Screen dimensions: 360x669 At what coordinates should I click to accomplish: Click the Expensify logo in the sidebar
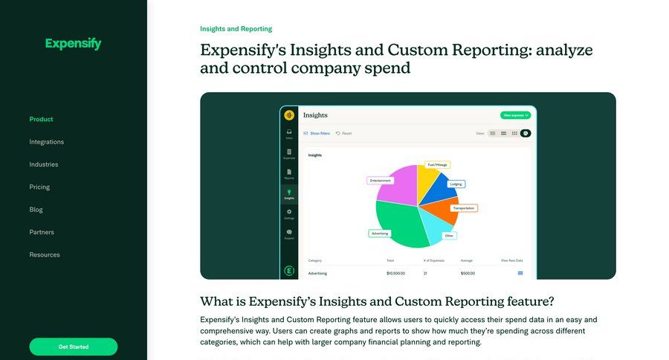(x=73, y=44)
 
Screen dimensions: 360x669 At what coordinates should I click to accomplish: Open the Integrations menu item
(x=47, y=142)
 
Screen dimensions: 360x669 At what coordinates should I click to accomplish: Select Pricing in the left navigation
(x=39, y=187)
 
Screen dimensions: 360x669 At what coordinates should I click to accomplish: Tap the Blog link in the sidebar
(x=36, y=210)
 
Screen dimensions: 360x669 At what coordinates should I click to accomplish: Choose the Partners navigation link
(x=42, y=232)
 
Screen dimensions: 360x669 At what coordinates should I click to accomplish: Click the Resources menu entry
(x=45, y=255)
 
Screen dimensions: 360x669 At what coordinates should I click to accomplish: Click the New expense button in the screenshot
(x=516, y=115)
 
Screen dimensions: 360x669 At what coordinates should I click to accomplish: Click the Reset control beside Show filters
(x=344, y=133)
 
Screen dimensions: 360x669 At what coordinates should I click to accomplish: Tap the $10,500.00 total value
(x=395, y=273)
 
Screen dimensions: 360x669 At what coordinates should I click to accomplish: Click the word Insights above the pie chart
(x=315, y=155)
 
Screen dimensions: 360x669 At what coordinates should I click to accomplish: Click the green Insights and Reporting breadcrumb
(x=236, y=29)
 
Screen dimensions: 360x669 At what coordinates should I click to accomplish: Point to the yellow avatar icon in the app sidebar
(x=289, y=115)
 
